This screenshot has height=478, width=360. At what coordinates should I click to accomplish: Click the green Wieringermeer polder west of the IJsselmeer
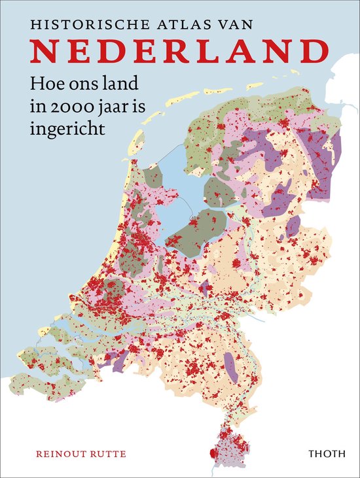click(154, 177)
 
